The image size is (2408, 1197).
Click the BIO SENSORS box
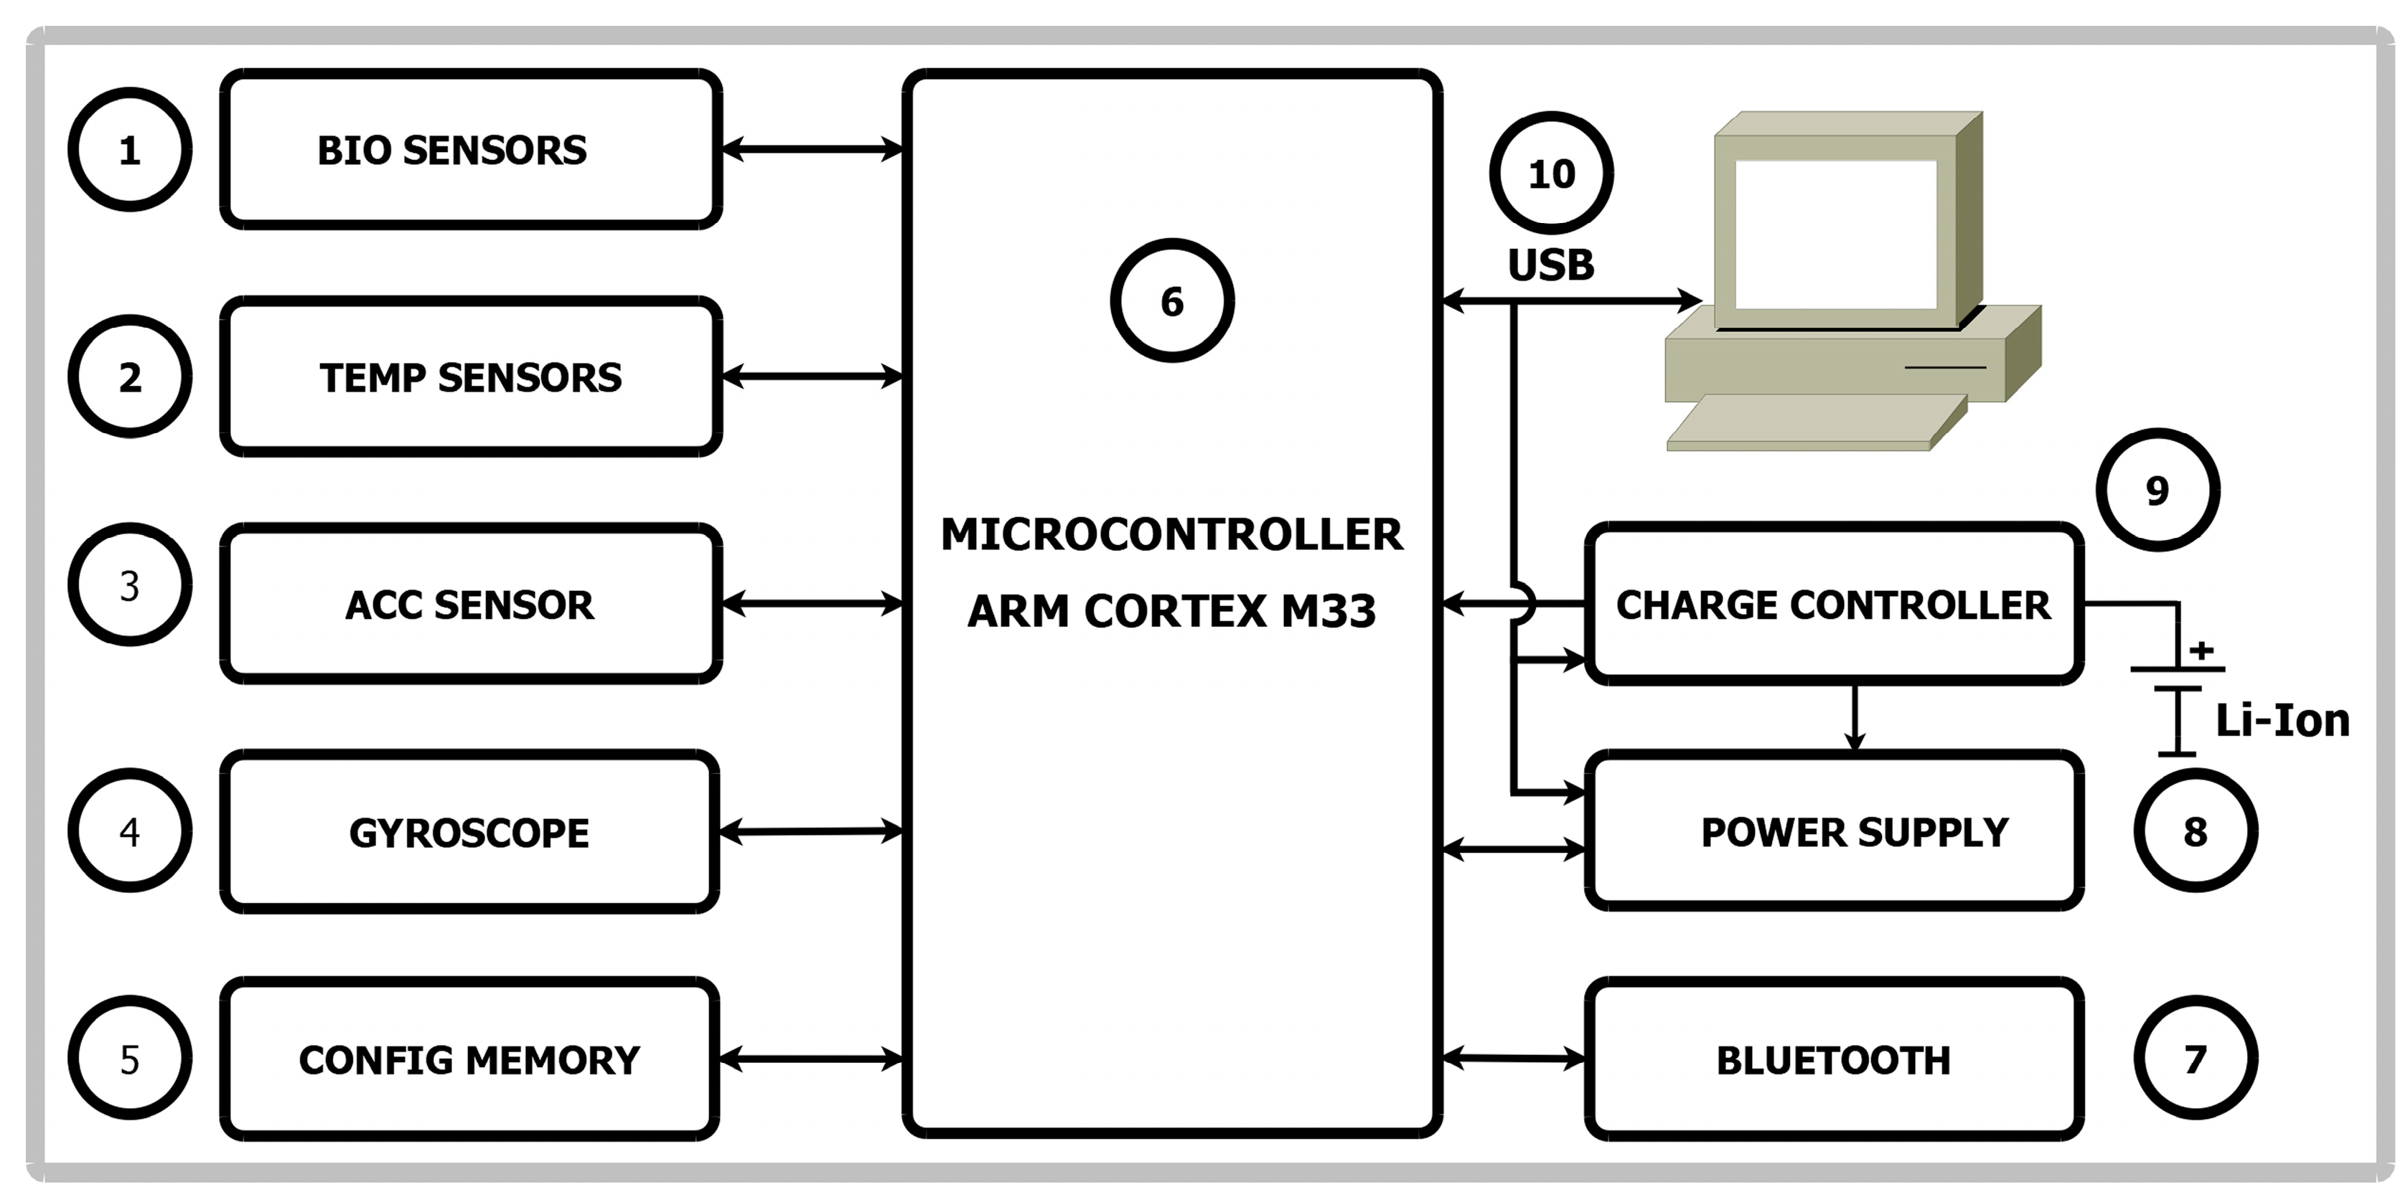[x=470, y=149]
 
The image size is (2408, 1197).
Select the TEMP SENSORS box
[x=470, y=377]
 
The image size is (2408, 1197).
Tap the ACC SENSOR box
[x=470, y=605]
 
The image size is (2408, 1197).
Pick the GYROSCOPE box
[x=469, y=833]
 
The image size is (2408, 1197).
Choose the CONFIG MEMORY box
[x=469, y=1059]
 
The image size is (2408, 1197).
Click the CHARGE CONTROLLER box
[x=1833, y=605]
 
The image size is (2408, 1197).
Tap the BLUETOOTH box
[x=1833, y=1059]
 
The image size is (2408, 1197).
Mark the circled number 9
[x=2158, y=491]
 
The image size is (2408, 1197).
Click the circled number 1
[x=130, y=149]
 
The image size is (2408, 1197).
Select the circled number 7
[x=2195, y=1059]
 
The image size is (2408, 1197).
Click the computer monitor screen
[x=1835, y=234]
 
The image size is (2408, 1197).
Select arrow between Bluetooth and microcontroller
[x=1514, y=1059]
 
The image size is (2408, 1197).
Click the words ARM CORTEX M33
[x=1171, y=611]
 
